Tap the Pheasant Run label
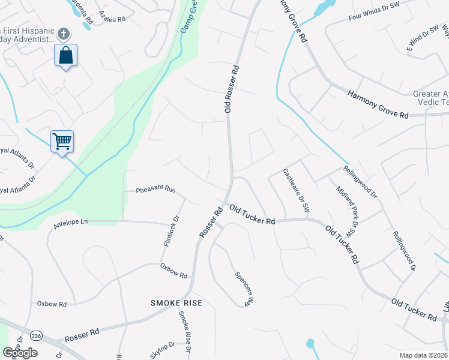155,190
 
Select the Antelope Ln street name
70,222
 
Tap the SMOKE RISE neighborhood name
176,304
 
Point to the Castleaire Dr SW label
296,191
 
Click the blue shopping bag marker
66,56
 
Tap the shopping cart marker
62,142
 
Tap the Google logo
20,353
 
